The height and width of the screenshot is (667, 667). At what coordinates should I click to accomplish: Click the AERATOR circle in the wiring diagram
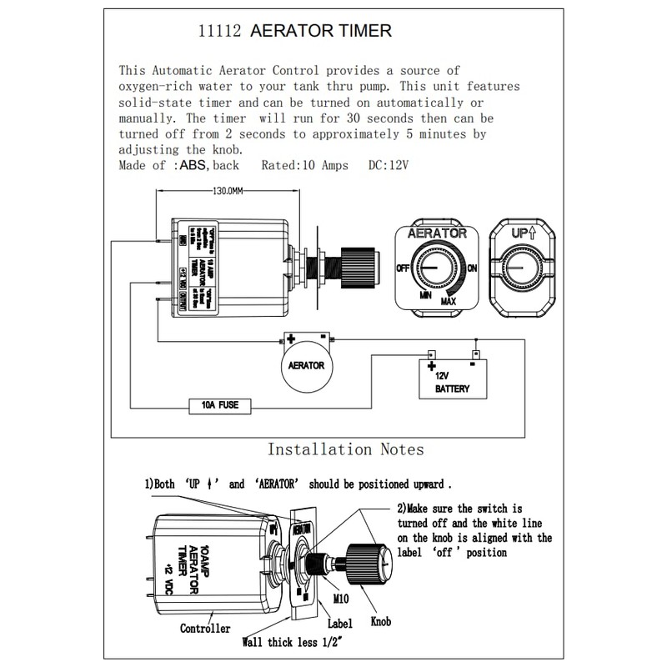click(x=306, y=366)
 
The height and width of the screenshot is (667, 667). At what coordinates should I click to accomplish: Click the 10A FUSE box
click(x=221, y=406)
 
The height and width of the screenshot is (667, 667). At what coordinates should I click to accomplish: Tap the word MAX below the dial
click(x=449, y=300)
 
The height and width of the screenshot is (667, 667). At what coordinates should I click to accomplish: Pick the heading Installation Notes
click(x=345, y=449)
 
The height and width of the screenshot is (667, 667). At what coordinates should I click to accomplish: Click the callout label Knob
click(x=379, y=621)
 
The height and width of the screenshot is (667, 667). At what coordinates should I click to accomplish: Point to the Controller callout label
click(x=205, y=629)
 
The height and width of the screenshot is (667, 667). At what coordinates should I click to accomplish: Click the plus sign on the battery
click(x=432, y=365)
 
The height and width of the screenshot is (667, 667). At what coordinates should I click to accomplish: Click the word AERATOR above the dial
click(x=437, y=234)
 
